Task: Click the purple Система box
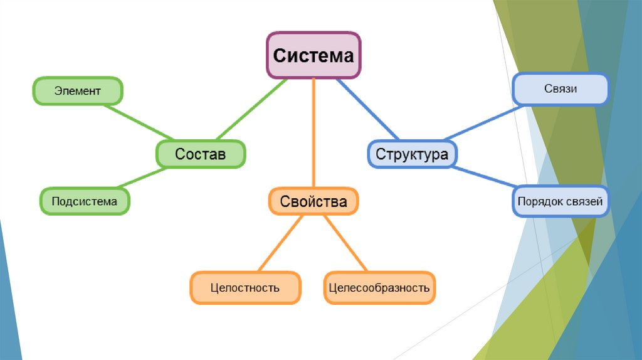(313, 55)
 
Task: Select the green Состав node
(201, 154)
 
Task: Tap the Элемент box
(78, 91)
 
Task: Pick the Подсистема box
(85, 201)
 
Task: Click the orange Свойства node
(313, 201)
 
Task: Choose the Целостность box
(246, 287)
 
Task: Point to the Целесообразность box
(379, 287)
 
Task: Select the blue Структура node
(413, 154)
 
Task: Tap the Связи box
(561, 89)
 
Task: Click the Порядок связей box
(561, 201)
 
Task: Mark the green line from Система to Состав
(252, 109)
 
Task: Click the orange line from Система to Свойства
(313, 133)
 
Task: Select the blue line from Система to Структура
(367, 109)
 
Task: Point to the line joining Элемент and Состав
(139, 122)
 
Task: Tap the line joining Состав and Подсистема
(142, 177)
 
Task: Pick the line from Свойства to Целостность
(280, 243)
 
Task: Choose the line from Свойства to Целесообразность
(345, 243)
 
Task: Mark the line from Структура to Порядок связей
(483, 176)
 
